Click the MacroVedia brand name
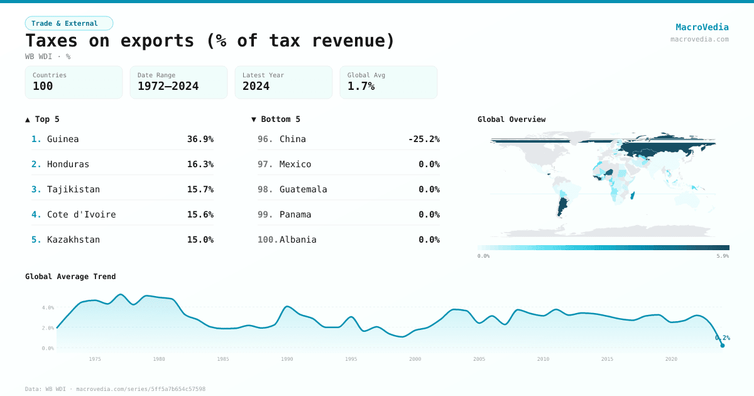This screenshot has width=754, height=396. pyautogui.click(x=702, y=27)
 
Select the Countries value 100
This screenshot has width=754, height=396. pyautogui.click(x=43, y=86)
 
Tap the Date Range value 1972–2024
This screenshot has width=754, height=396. pyautogui.click(x=168, y=86)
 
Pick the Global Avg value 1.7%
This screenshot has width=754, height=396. pyautogui.click(x=361, y=86)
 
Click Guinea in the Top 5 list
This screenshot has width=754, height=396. pyautogui.click(x=63, y=139)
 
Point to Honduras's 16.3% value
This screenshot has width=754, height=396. pyautogui.click(x=200, y=164)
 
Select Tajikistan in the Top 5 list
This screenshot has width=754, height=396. pyautogui.click(x=73, y=189)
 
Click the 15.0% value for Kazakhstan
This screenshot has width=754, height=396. pyautogui.click(x=200, y=239)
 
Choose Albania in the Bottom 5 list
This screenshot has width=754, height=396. pyautogui.click(x=298, y=239)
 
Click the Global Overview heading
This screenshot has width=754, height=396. pyautogui.click(x=511, y=119)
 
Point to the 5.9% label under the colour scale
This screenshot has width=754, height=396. pyautogui.click(x=723, y=256)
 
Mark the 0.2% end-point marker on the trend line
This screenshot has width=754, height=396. pyautogui.click(x=722, y=345)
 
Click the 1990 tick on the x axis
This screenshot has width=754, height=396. pyautogui.click(x=287, y=359)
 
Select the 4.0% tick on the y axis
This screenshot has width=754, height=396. pyautogui.click(x=48, y=308)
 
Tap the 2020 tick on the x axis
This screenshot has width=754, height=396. pyautogui.click(x=671, y=359)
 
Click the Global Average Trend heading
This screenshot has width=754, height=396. pyautogui.click(x=70, y=277)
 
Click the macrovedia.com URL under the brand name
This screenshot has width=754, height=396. pyautogui.click(x=699, y=39)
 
